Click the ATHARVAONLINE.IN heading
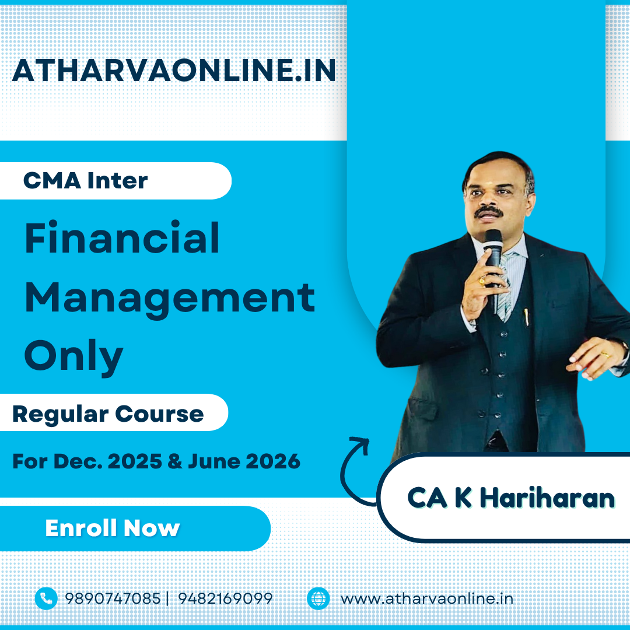click(x=174, y=71)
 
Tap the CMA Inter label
click(x=86, y=180)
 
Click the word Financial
click(x=122, y=238)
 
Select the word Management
click(x=170, y=298)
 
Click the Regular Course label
click(x=108, y=414)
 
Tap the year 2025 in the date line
click(x=135, y=461)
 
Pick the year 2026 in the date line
click(x=273, y=461)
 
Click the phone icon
click(x=46, y=598)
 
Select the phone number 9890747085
click(x=113, y=598)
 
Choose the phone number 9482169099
click(x=225, y=598)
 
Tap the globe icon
click(x=318, y=598)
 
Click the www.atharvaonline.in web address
click(x=427, y=598)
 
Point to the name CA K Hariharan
click(x=511, y=498)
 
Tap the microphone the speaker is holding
click(x=494, y=265)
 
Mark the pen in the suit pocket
click(x=526, y=317)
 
